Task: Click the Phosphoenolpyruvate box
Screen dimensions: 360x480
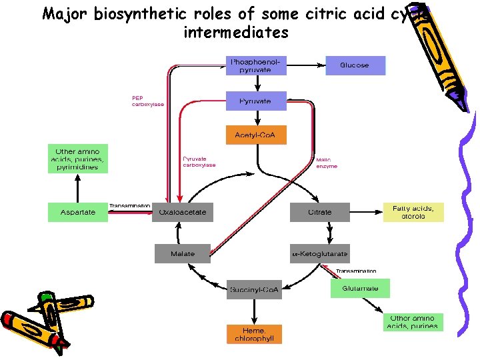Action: pyautogui.click(x=257, y=65)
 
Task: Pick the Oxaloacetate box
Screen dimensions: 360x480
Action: pyautogui.click(x=182, y=213)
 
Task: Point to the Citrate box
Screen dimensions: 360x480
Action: pyautogui.click(x=319, y=213)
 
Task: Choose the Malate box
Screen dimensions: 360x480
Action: pyautogui.click(x=182, y=254)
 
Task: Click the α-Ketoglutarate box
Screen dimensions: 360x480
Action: pyautogui.click(x=319, y=254)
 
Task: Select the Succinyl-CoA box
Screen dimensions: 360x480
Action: pyautogui.click(x=254, y=290)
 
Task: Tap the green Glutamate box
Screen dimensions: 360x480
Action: pyautogui.click(x=360, y=289)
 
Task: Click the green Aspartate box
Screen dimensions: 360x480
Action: pyautogui.click(x=78, y=213)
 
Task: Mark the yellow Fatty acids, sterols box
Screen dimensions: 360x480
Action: pyautogui.click(x=413, y=213)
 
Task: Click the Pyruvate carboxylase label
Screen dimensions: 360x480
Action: pyautogui.click(x=199, y=162)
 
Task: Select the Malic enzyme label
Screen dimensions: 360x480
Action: pyautogui.click(x=327, y=163)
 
